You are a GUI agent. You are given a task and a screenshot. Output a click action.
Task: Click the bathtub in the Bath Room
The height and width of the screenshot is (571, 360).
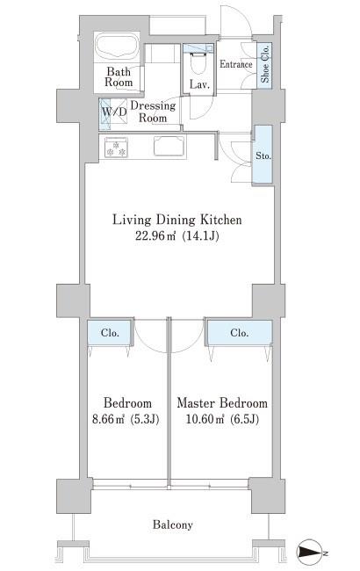tap(117, 47)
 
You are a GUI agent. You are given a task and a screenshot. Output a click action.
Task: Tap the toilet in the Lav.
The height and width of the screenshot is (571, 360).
tap(198, 63)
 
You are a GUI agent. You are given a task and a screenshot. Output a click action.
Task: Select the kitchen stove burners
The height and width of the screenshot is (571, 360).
tap(116, 148)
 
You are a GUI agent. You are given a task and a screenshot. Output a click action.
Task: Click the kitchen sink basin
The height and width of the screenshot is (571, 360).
tap(169, 146)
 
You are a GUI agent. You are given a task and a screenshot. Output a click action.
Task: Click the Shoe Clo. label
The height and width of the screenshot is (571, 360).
tap(265, 64)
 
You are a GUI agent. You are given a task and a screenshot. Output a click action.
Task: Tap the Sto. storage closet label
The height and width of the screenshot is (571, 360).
tap(263, 155)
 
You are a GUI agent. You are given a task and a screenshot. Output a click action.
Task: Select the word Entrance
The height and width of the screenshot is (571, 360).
tap(236, 64)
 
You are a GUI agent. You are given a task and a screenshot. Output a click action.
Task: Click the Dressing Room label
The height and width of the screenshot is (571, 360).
tap(153, 112)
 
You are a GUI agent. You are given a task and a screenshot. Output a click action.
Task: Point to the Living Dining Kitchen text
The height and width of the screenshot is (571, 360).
tap(176, 220)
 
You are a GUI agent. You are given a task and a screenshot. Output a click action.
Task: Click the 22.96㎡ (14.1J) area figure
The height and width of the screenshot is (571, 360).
tap(177, 236)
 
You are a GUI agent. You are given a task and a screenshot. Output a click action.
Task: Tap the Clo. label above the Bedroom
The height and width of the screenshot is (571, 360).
tap(110, 333)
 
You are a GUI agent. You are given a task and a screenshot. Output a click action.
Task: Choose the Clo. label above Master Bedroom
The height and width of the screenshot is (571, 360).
tap(239, 333)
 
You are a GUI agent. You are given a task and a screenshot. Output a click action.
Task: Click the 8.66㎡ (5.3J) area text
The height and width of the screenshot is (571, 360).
tap(126, 419)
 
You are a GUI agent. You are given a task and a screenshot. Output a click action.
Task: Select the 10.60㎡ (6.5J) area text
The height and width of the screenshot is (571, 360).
tap(222, 419)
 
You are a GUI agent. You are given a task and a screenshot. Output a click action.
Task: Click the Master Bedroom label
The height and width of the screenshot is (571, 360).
tap(222, 402)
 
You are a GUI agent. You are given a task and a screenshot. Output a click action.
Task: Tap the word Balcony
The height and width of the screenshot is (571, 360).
tap(173, 524)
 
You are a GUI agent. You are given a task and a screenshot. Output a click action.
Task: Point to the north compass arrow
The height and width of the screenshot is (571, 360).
tap(310, 553)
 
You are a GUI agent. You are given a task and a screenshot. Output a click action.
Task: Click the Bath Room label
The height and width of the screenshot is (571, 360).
tap(119, 76)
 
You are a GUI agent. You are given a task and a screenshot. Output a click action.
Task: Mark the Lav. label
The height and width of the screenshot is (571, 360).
tap(199, 85)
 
